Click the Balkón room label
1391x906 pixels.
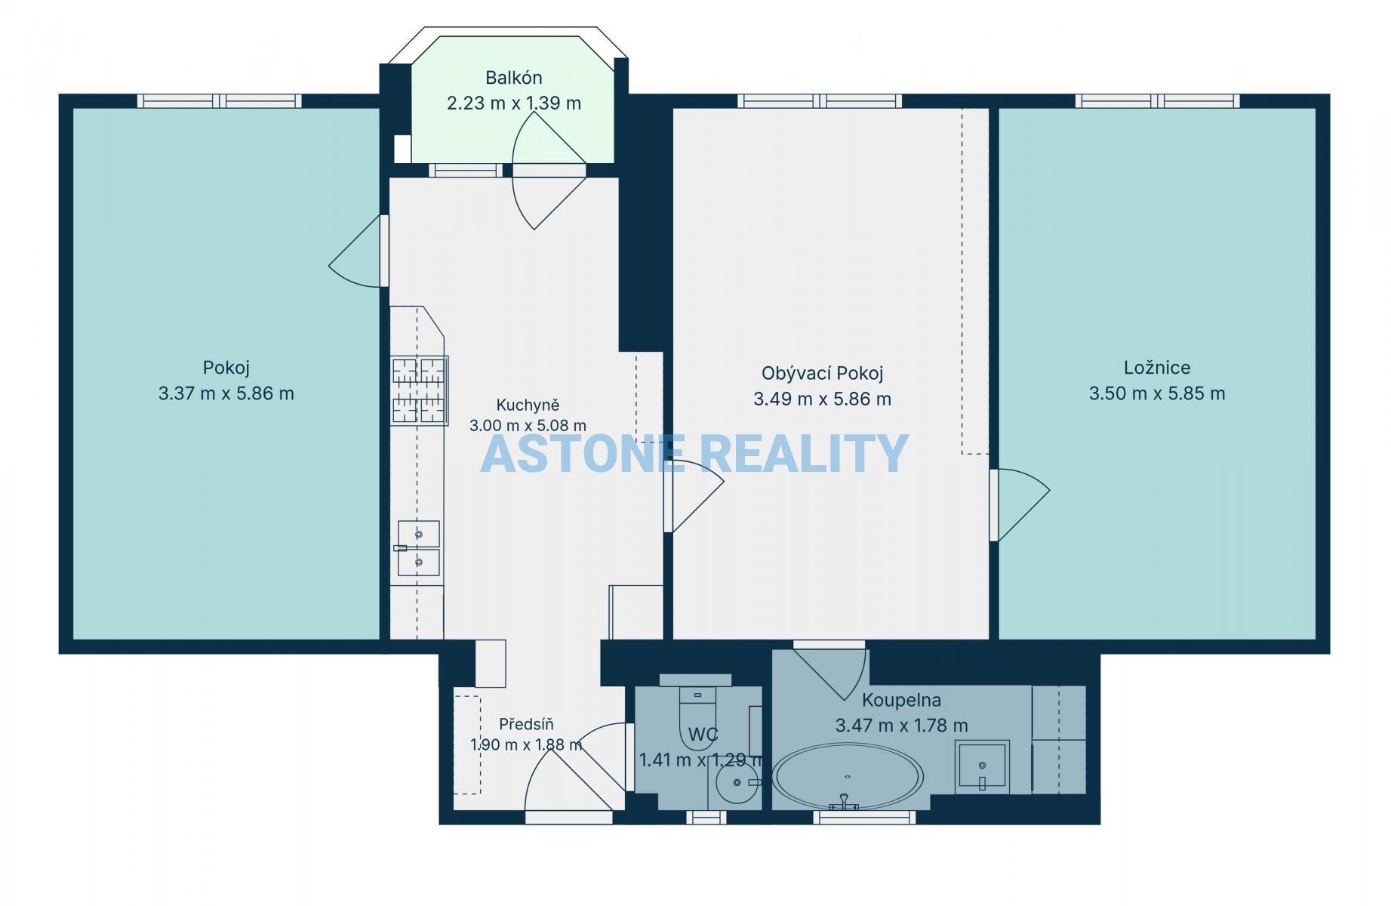(x=514, y=77)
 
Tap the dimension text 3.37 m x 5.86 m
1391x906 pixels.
(x=226, y=393)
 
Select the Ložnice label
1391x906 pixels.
(x=1157, y=368)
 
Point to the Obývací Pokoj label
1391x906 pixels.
(x=822, y=373)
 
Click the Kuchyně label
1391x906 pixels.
(x=528, y=405)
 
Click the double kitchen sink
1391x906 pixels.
(x=418, y=548)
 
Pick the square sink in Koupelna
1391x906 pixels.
(x=982, y=767)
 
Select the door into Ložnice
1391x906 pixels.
(x=1019, y=504)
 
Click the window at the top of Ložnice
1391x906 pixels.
(x=1157, y=101)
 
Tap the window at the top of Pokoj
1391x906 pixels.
(x=220, y=101)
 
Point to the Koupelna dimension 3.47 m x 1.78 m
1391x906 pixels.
(x=901, y=726)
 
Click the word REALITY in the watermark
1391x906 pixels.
(x=804, y=454)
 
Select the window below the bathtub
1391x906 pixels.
(x=864, y=817)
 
